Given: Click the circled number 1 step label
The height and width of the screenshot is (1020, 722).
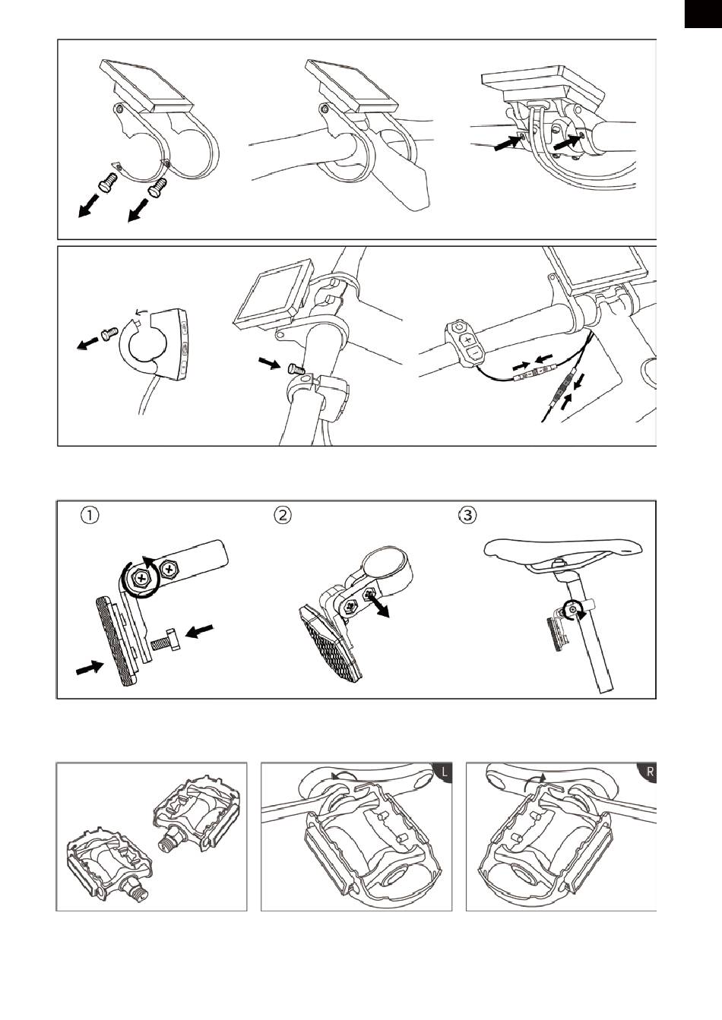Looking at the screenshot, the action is coord(90,515).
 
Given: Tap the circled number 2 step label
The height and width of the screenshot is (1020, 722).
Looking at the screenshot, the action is coord(283,515).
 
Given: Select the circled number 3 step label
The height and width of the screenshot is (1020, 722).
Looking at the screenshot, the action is coord(467,515).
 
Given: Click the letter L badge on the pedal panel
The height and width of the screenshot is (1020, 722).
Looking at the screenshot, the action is coord(443,772).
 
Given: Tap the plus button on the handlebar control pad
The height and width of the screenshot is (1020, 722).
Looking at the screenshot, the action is coord(469,339).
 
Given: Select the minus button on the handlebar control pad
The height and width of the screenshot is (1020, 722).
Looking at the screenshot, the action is coord(473,352).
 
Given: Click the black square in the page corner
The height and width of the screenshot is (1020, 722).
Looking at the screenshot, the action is coord(703,14).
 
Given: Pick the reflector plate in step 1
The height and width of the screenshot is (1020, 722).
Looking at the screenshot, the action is coord(116,643).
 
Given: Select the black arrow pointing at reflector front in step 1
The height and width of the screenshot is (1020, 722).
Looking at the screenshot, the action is coord(90,668).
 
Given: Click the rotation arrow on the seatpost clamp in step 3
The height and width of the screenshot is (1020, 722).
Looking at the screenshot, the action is coord(572,609).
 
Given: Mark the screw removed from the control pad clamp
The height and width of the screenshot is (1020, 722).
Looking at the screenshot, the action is coord(109,333).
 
